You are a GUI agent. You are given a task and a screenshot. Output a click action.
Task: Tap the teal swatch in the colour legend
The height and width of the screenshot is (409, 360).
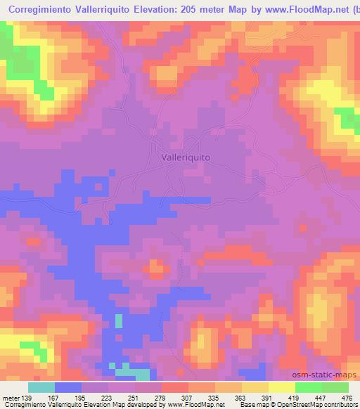pos(41,387)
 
